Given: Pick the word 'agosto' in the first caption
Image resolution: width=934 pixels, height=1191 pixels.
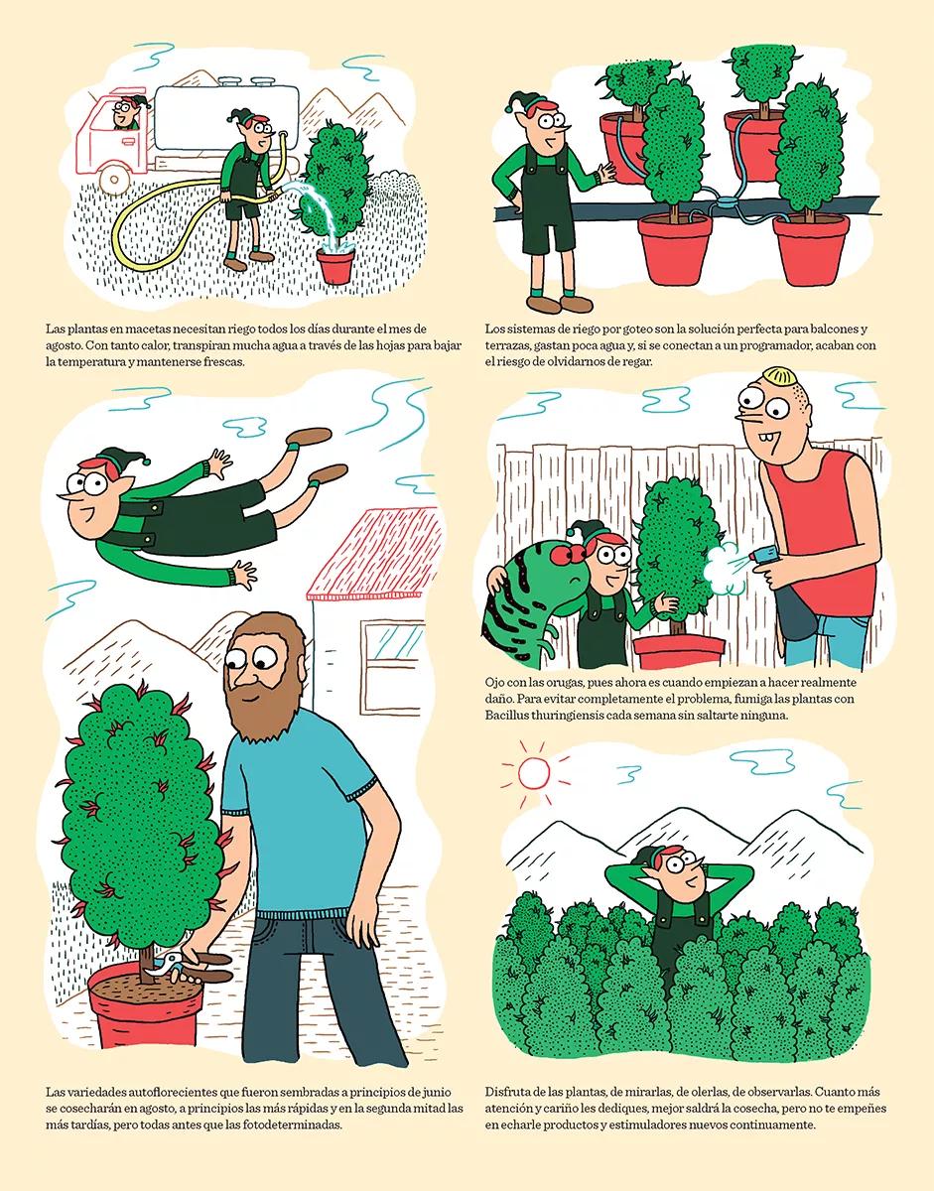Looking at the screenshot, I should click(68, 345).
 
